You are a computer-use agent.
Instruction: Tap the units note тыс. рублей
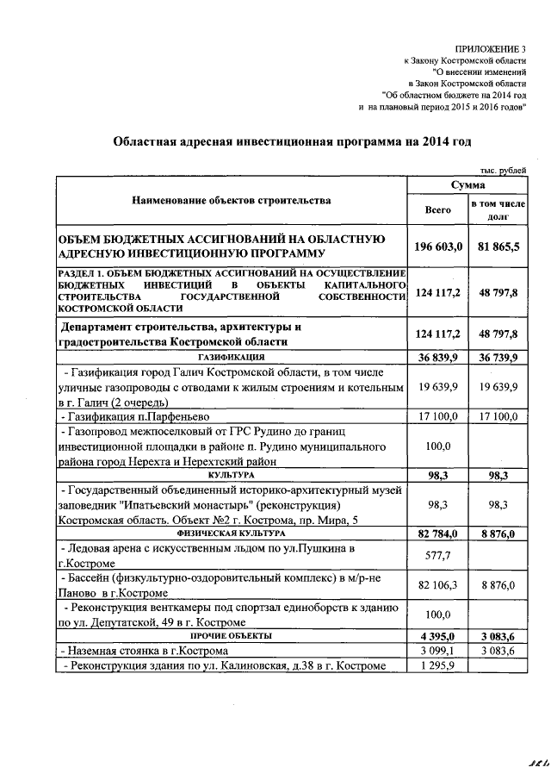pos(502,173)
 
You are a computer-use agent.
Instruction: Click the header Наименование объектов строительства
pos(231,201)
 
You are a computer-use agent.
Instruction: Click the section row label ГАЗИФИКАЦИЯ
pos(231,356)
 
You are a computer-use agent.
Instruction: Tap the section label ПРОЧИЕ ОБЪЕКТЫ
pos(231,635)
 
